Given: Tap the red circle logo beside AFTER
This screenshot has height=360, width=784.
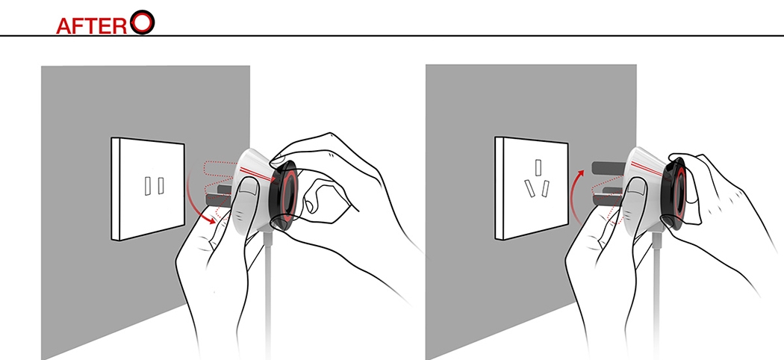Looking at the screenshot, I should point(143,22).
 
